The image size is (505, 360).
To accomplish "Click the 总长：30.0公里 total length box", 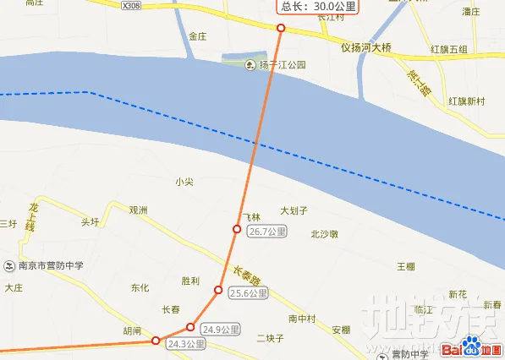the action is pyautogui.click(x=317, y=7).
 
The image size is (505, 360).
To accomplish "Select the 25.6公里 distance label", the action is pyautogui.click(x=248, y=294).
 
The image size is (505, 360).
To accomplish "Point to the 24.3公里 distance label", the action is pyautogui.click(x=186, y=345).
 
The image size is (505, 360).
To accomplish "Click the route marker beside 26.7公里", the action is pyautogui.click(x=238, y=229).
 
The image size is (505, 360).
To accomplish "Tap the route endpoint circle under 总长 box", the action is pyautogui.click(x=281, y=28).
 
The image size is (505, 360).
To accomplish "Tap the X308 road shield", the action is pyautogui.click(x=130, y=5).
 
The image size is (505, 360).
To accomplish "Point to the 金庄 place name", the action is pyautogui.click(x=198, y=36).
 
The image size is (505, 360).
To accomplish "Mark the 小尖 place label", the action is pyautogui.click(x=184, y=182).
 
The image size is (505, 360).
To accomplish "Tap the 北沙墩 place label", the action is pyautogui.click(x=325, y=234).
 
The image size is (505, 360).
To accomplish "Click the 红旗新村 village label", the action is pyautogui.click(x=467, y=101).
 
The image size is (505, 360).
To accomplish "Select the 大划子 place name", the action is pyautogui.click(x=294, y=210).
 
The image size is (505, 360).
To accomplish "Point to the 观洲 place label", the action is pyautogui.click(x=139, y=210).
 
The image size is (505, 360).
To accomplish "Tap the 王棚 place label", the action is pyautogui.click(x=406, y=267).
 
